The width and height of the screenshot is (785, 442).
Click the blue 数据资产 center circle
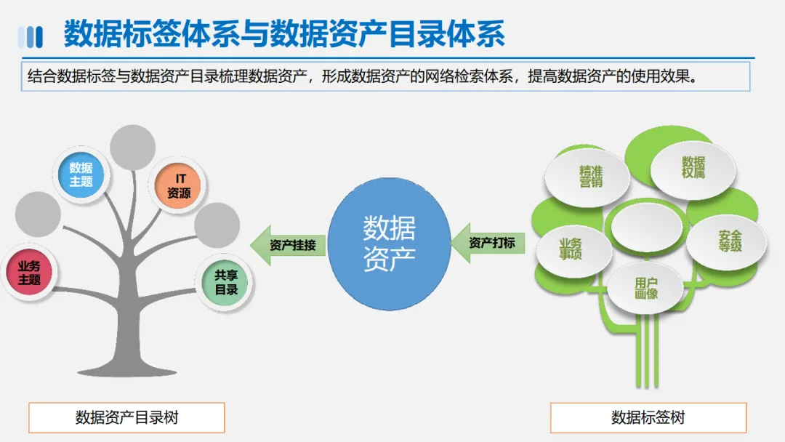[389, 244]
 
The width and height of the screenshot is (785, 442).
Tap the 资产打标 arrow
[486, 243]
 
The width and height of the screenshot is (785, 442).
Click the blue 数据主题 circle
[81, 175]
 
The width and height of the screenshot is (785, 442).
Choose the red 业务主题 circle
[30, 273]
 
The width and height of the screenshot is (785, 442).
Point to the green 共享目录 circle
[226, 283]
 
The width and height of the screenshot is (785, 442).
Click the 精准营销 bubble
[589, 176]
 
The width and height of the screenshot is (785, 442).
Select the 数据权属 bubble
[692, 167]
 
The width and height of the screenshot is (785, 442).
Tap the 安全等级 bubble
[728, 241]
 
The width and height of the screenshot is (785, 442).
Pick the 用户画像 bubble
[645, 288]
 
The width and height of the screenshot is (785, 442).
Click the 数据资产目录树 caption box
[126, 417]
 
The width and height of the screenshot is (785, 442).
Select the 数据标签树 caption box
[648, 417]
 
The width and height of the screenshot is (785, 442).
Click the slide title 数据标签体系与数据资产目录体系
[283, 34]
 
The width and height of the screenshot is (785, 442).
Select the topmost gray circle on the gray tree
[133, 148]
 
